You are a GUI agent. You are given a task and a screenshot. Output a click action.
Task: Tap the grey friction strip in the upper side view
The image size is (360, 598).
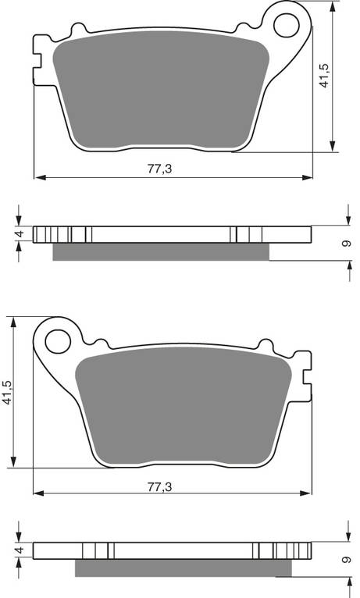[161, 251]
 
